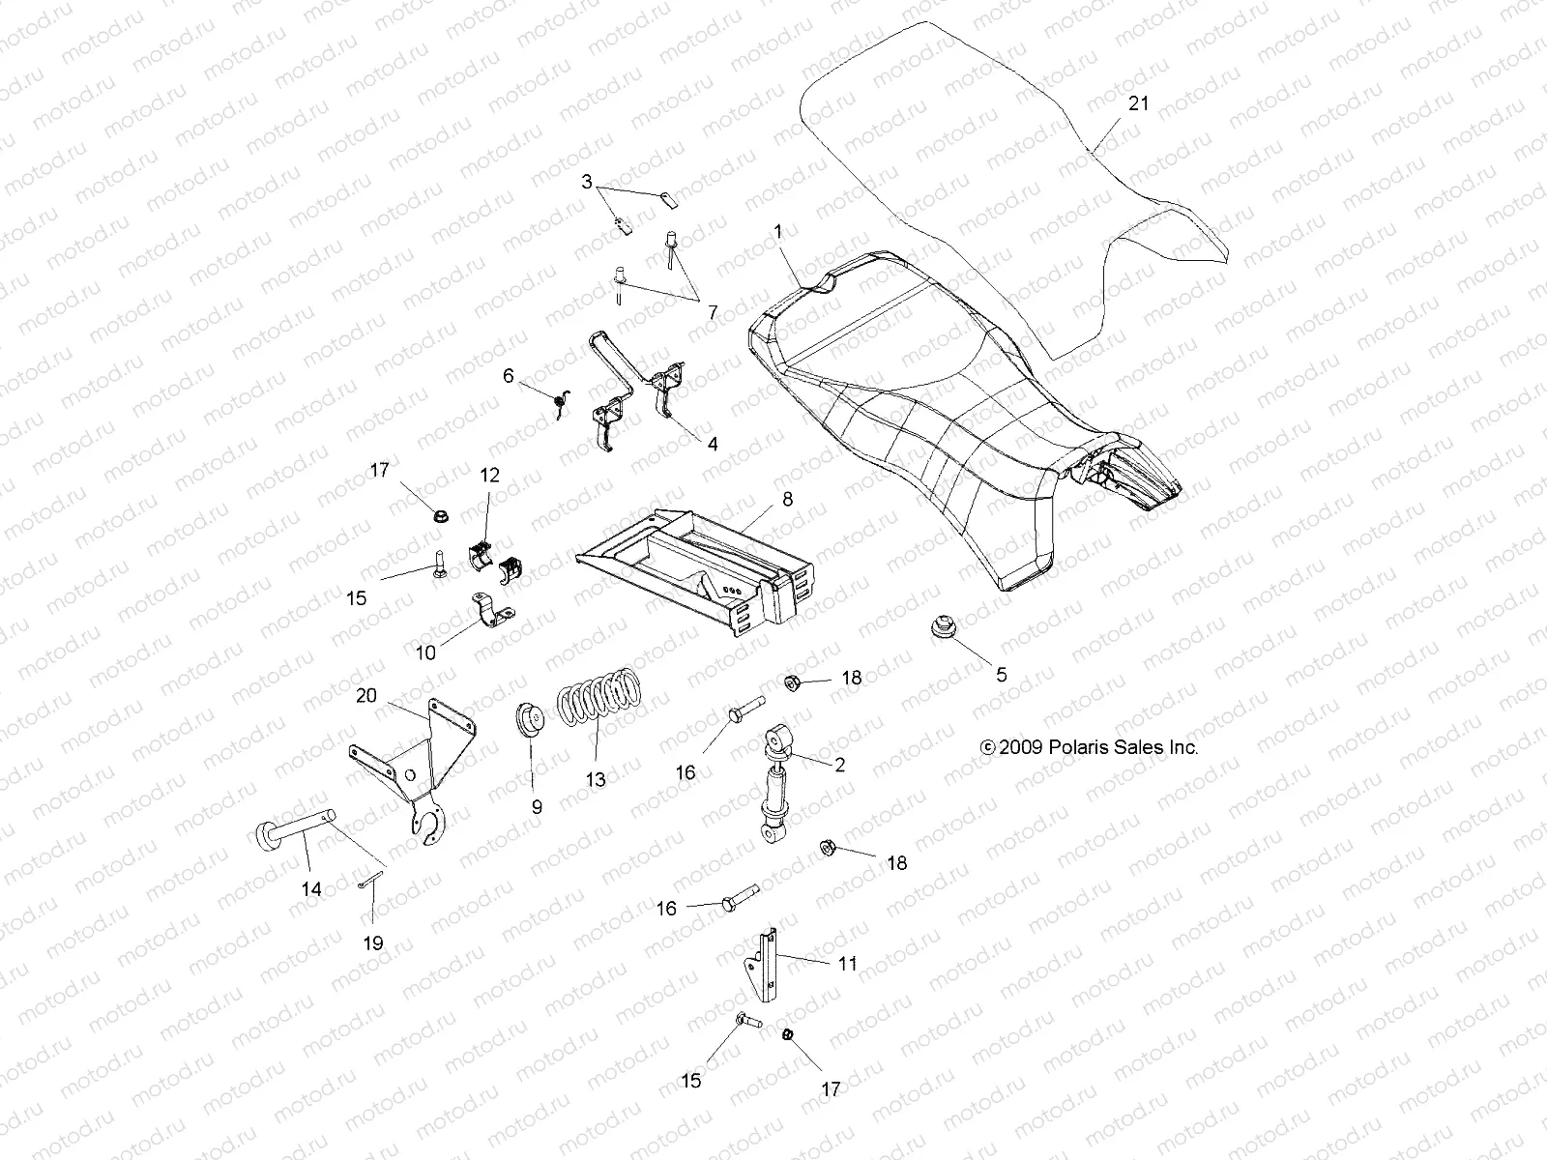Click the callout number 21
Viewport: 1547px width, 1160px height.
pos(1139,102)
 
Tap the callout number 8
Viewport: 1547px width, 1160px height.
pos(786,499)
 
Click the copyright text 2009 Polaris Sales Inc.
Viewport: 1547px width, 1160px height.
pos(1089,747)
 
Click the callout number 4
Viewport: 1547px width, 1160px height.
pos(713,446)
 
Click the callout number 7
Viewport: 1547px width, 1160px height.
pos(712,312)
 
